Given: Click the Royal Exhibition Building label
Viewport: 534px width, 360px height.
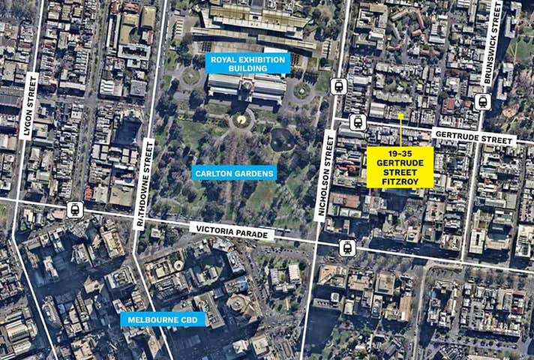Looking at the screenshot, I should pyautogui.click(x=247, y=63).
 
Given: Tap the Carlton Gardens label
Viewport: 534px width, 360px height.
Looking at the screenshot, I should pyautogui.click(x=235, y=172).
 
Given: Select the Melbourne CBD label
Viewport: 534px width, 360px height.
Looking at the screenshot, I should pyautogui.click(x=162, y=319).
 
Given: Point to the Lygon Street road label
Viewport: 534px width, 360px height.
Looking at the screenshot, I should pyautogui.click(x=30, y=106).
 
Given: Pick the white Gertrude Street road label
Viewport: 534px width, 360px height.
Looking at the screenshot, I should pyautogui.click(x=473, y=136).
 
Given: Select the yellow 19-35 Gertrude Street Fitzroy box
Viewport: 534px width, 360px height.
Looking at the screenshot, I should pyautogui.click(x=400, y=166).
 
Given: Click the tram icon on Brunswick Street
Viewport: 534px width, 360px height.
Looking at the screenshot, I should pyautogui.click(x=482, y=101).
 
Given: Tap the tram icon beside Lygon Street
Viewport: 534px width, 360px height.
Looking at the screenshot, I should pyautogui.click(x=75, y=209).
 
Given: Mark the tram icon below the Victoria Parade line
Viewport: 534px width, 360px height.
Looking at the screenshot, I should pyautogui.click(x=346, y=247).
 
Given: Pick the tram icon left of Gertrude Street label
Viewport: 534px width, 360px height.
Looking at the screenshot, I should pyautogui.click(x=357, y=121).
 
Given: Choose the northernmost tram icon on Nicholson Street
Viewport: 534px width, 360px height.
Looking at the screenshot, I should pyautogui.click(x=337, y=86).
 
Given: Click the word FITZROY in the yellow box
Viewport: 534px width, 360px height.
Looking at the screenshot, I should pyautogui.click(x=400, y=179).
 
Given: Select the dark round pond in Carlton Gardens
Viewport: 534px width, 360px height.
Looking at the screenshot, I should pyautogui.click(x=281, y=139).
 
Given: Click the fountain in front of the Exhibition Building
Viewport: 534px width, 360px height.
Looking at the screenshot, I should pyautogui.click(x=240, y=119).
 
